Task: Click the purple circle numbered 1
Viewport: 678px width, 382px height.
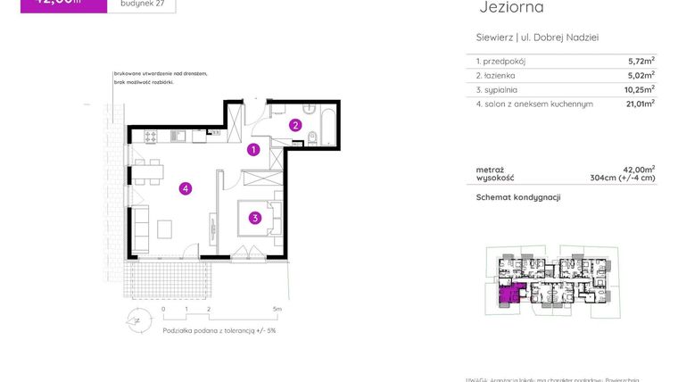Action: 253,150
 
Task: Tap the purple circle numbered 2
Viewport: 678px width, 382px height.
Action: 295,125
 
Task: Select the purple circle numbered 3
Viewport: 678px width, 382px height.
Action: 254,217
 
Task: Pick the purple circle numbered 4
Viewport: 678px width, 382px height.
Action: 185,188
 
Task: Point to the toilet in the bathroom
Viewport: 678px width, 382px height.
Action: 310,137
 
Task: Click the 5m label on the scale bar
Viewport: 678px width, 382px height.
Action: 277,310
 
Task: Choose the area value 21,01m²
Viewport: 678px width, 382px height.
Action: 640,104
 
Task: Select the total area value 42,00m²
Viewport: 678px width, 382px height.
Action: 640,169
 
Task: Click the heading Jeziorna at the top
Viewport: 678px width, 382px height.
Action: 511,8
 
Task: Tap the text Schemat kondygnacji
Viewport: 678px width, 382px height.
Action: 517,197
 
